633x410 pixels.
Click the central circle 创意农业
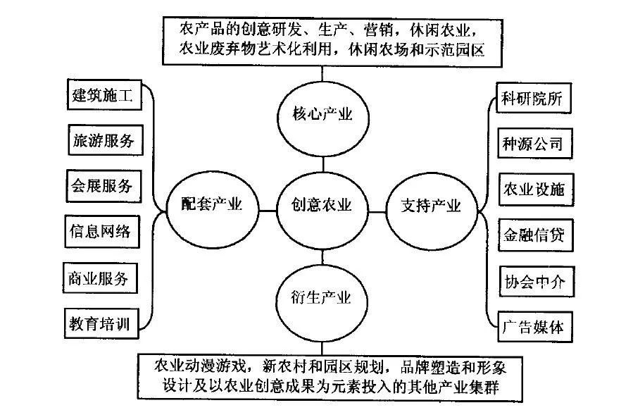tap(322, 205)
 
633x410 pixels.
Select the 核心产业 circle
tap(322, 114)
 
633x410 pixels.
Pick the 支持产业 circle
tap(431, 206)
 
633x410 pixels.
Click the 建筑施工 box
tap(101, 94)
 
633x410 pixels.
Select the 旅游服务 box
tap(101, 140)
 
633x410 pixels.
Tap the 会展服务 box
tap(101, 185)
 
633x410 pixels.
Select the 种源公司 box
tap(533, 144)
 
